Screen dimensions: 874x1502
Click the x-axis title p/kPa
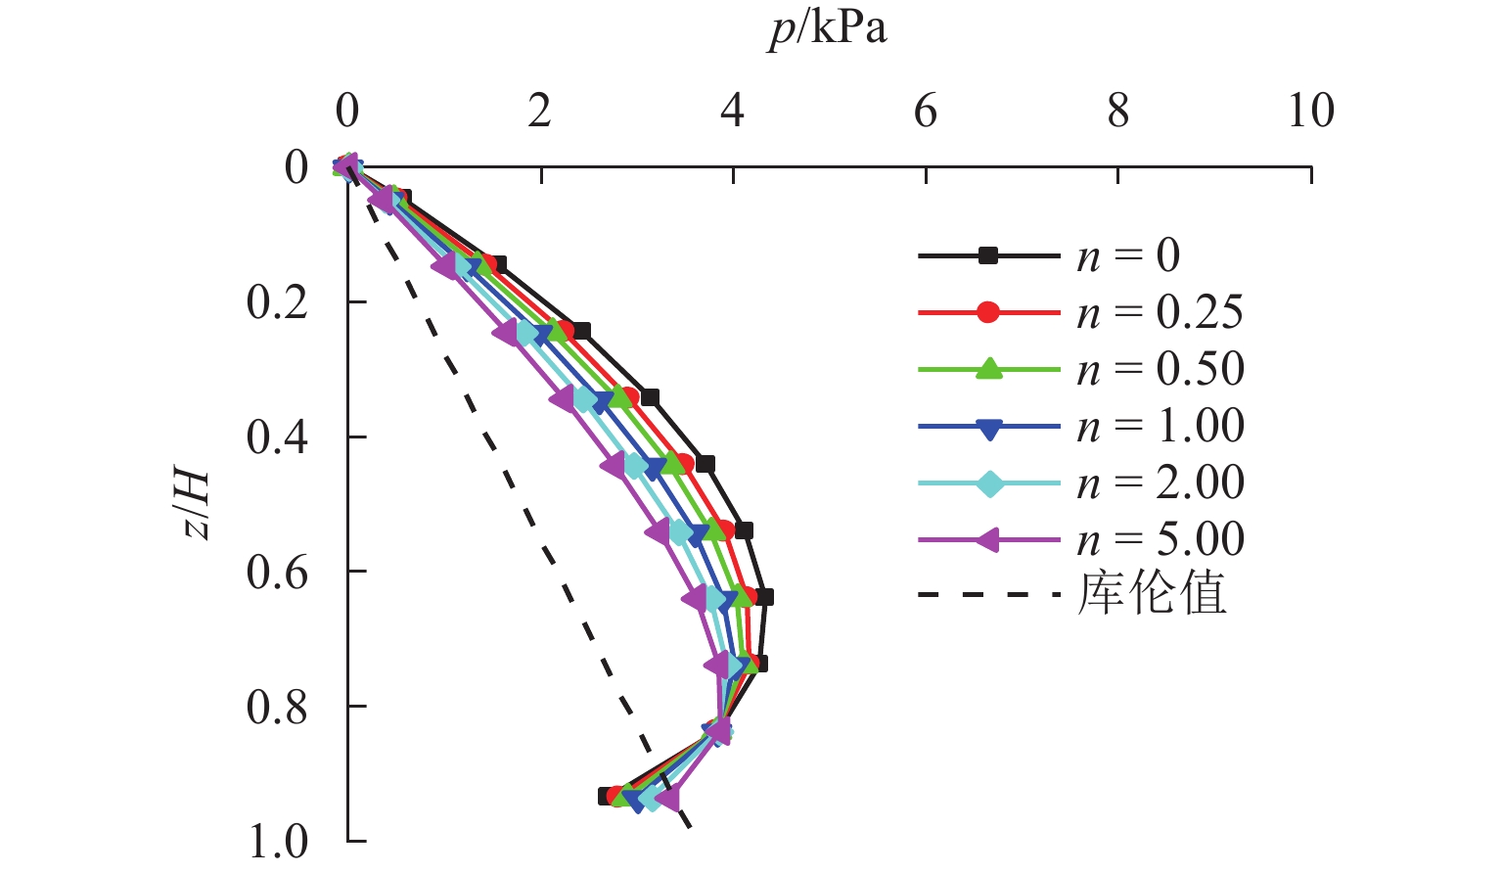(x=828, y=29)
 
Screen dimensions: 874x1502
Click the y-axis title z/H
(x=196, y=505)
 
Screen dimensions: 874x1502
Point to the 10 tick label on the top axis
(x=1310, y=112)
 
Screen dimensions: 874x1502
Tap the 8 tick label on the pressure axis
(x=1117, y=112)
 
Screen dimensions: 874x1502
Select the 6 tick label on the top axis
(x=925, y=112)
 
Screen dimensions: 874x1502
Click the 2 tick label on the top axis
(x=539, y=112)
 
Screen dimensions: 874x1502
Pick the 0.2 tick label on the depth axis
(x=277, y=302)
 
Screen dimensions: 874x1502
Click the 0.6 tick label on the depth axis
(x=277, y=573)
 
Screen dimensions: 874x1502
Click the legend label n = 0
(x=1128, y=256)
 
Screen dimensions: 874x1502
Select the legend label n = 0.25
(x=1161, y=313)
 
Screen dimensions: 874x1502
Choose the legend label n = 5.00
(x=1161, y=539)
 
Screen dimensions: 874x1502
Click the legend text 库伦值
(x=1152, y=594)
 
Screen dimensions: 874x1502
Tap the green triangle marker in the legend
(x=989, y=369)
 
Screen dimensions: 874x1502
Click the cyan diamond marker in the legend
(x=989, y=483)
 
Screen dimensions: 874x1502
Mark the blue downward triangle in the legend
(x=989, y=427)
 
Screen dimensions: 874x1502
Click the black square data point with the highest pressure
(x=764, y=597)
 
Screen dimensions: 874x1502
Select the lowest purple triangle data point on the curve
(x=667, y=800)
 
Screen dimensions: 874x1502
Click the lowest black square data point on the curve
(x=607, y=797)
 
